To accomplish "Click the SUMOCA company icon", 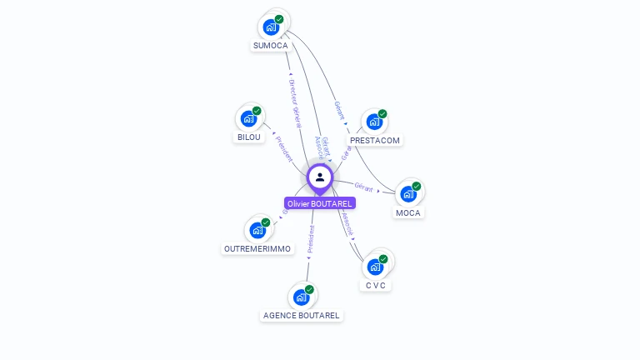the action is pyautogui.click(x=271, y=27).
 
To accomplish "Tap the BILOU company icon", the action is pyautogui.click(x=248, y=118).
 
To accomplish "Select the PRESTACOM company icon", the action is pyautogui.click(x=374, y=122).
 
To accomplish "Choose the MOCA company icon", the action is pyautogui.click(x=408, y=193).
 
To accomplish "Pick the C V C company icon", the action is pyautogui.click(x=375, y=267).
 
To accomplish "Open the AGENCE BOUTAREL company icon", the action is pyautogui.click(x=301, y=297).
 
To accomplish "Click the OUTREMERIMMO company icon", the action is pyautogui.click(x=257, y=230).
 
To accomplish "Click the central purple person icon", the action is pyautogui.click(x=320, y=177).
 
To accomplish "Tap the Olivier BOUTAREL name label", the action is pyautogui.click(x=320, y=203).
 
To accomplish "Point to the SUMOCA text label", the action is pyautogui.click(x=271, y=46).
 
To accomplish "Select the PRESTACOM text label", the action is pyautogui.click(x=375, y=141).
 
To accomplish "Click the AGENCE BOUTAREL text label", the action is pyautogui.click(x=302, y=316).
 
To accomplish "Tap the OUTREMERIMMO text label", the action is pyautogui.click(x=257, y=249).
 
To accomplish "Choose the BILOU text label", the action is pyautogui.click(x=248, y=137).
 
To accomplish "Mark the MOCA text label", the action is pyautogui.click(x=408, y=212).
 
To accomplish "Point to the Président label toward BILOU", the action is pyautogui.click(x=283, y=148).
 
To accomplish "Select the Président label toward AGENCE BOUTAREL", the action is pyautogui.click(x=310, y=237).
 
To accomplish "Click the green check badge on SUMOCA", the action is pyautogui.click(x=279, y=19).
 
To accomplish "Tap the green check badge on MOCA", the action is pyautogui.click(x=417, y=186).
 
